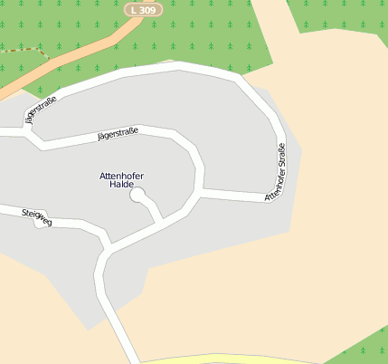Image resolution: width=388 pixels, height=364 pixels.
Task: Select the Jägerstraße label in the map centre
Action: (x=118, y=135)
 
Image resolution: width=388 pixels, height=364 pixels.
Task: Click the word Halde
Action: (x=121, y=184)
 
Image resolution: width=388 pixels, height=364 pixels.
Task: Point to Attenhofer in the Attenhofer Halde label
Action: (x=121, y=175)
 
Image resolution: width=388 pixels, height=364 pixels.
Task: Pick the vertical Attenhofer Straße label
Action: (x=276, y=171)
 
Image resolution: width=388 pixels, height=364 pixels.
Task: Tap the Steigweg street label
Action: (x=36, y=216)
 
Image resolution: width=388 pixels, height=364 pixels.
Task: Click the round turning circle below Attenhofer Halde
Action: (x=137, y=195)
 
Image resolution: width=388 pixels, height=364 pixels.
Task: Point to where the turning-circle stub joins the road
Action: (x=162, y=220)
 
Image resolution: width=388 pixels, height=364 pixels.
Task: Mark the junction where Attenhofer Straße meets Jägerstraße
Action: (x=200, y=192)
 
